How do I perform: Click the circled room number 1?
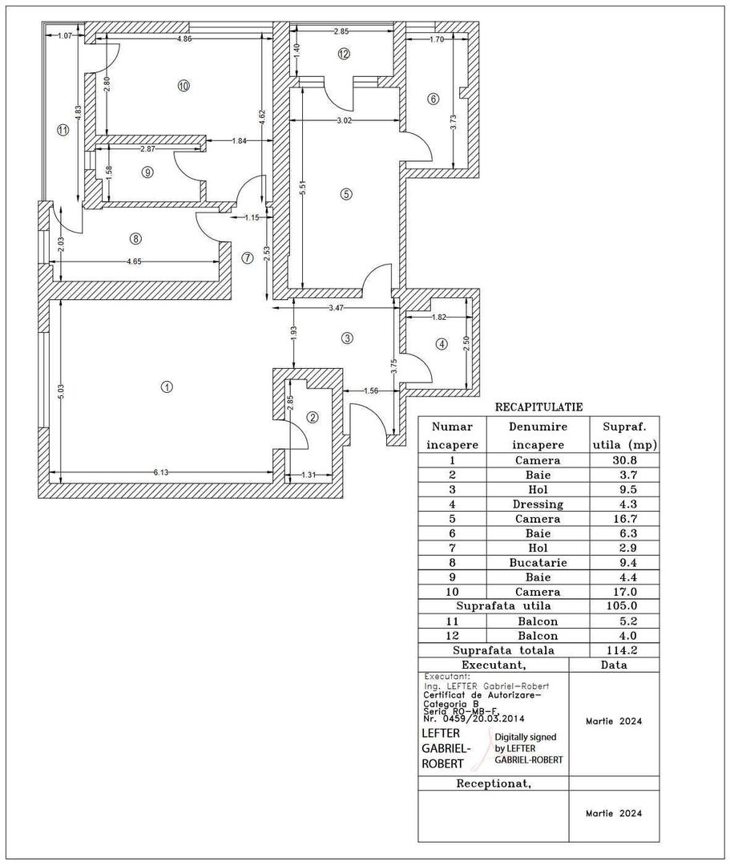pos(167,386)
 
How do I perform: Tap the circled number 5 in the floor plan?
pos(345,193)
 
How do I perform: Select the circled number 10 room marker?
pos(184,86)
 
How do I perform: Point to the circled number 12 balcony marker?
pos(344,55)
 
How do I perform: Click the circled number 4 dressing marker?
pos(440,344)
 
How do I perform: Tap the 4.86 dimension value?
pos(184,38)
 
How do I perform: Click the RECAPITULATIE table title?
pos(538,407)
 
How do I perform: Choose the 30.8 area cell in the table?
pos(623,460)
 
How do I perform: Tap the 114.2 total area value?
pos(623,650)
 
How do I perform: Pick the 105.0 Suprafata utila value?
pos(623,606)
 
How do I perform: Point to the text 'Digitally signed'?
pos(525,736)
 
